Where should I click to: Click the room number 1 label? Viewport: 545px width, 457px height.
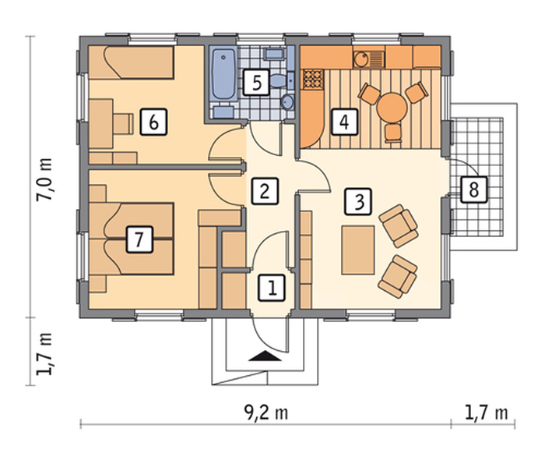(x=272, y=288)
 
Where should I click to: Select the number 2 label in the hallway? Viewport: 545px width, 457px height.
(x=265, y=191)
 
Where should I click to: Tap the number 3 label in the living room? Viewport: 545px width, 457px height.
(x=358, y=201)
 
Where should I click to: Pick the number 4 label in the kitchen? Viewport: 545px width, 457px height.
(x=344, y=122)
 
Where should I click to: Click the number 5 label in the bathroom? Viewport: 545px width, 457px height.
(x=256, y=83)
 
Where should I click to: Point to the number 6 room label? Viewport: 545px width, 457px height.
(x=153, y=122)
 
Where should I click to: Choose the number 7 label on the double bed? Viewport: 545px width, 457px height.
(x=139, y=239)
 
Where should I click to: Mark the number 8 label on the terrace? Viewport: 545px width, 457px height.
(x=474, y=190)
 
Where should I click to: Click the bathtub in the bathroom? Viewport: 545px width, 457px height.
(x=224, y=75)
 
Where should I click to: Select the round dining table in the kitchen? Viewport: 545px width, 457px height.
(x=392, y=107)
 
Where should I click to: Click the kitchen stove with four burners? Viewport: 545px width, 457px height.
(x=313, y=79)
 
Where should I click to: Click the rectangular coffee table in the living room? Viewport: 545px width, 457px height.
(x=358, y=250)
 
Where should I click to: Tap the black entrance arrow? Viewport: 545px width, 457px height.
(x=265, y=356)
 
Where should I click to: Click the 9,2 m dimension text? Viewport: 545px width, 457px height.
(x=266, y=413)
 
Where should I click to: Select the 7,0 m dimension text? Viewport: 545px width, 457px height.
(x=45, y=179)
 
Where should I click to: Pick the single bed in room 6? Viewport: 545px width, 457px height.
(x=131, y=62)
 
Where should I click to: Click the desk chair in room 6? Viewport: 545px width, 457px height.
(x=124, y=123)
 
